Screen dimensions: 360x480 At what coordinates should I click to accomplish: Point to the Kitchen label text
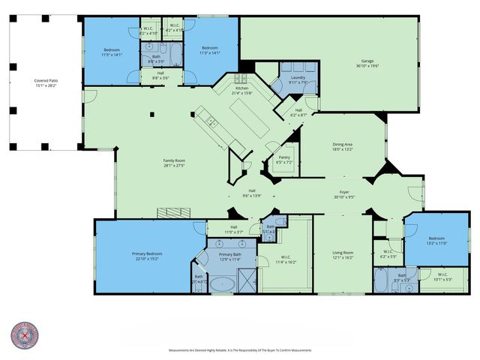coord(242,88)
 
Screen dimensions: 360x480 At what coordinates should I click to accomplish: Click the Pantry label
coord(283,160)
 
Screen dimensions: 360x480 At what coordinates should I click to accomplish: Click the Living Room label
coord(343,253)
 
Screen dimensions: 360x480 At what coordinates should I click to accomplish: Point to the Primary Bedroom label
coord(148,253)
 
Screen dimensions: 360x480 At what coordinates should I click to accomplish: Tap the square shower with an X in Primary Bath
coord(246,283)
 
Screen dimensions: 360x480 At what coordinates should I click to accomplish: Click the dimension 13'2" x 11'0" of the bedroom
coord(416,243)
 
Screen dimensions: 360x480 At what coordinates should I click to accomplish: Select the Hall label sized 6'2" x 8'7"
coord(298,115)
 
